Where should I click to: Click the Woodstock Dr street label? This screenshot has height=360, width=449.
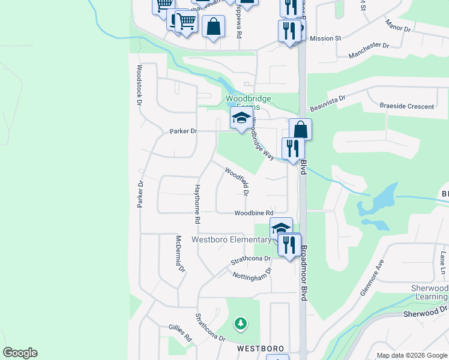click(x=139, y=86)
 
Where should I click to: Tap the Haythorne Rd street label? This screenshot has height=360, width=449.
click(x=196, y=203)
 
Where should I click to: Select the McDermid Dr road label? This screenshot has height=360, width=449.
click(x=179, y=254)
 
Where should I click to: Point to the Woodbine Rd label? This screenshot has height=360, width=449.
click(x=253, y=213)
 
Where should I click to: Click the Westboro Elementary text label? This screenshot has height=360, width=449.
click(x=231, y=240)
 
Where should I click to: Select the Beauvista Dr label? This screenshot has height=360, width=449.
click(x=328, y=103)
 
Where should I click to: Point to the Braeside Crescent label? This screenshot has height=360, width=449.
click(x=406, y=106)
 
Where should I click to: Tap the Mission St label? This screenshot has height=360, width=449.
click(x=325, y=38)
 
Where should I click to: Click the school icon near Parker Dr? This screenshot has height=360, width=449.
click(x=241, y=117)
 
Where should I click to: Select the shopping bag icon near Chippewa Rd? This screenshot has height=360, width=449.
click(x=212, y=26)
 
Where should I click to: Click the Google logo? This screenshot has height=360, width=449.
click(x=20, y=353)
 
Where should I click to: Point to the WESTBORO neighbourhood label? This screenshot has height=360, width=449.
click(x=259, y=348)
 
